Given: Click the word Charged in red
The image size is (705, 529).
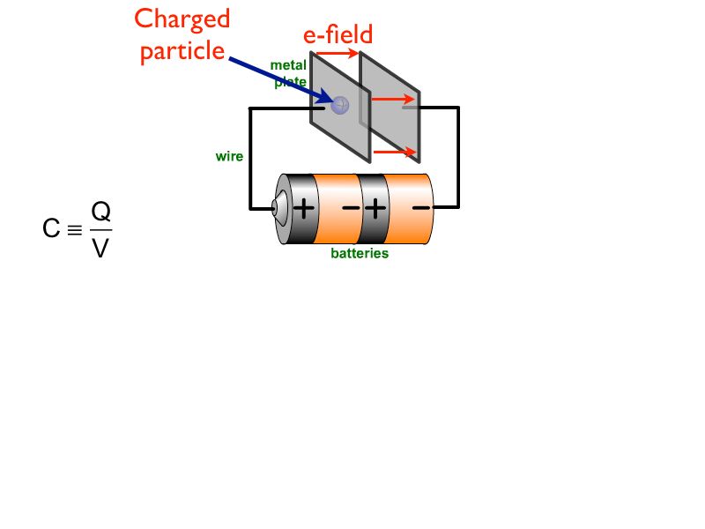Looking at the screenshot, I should click(x=182, y=19).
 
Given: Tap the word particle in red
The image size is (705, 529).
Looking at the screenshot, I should click(x=182, y=50).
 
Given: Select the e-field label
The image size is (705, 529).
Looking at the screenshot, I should click(x=338, y=34).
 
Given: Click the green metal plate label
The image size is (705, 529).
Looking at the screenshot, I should click(x=288, y=72).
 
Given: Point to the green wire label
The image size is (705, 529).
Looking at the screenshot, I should click(x=229, y=157).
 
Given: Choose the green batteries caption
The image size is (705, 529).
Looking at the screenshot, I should click(x=360, y=254).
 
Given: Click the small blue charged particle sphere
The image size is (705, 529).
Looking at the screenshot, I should click(x=340, y=105).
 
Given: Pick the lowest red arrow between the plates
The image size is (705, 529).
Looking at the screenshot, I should click(x=395, y=152).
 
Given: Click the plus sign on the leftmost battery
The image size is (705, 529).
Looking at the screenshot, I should click(x=303, y=209).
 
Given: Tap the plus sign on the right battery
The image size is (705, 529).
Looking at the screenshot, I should click(x=375, y=209).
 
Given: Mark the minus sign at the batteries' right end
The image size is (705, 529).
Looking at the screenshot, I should click(x=421, y=208).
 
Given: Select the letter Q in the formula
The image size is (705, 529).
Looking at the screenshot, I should click(x=101, y=212).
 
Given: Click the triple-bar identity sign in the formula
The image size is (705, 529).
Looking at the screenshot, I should click(x=75, y=230).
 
